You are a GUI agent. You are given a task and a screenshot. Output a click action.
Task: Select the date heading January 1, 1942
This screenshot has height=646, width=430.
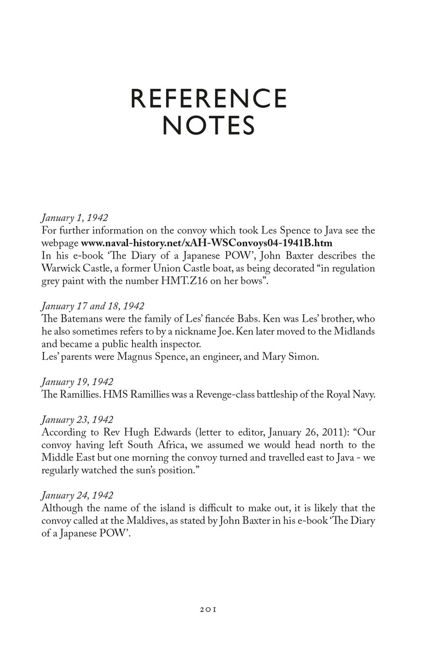74,218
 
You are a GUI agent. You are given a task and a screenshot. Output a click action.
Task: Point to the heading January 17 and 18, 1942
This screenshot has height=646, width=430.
92,306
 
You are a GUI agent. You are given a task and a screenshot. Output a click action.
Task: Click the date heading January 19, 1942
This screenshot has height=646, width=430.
77,382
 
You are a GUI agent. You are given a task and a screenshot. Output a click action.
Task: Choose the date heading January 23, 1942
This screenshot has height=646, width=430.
77,417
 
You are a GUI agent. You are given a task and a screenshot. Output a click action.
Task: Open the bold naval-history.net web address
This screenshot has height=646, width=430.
206,243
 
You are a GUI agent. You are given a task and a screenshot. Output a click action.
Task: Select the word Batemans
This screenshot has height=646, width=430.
80,318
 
